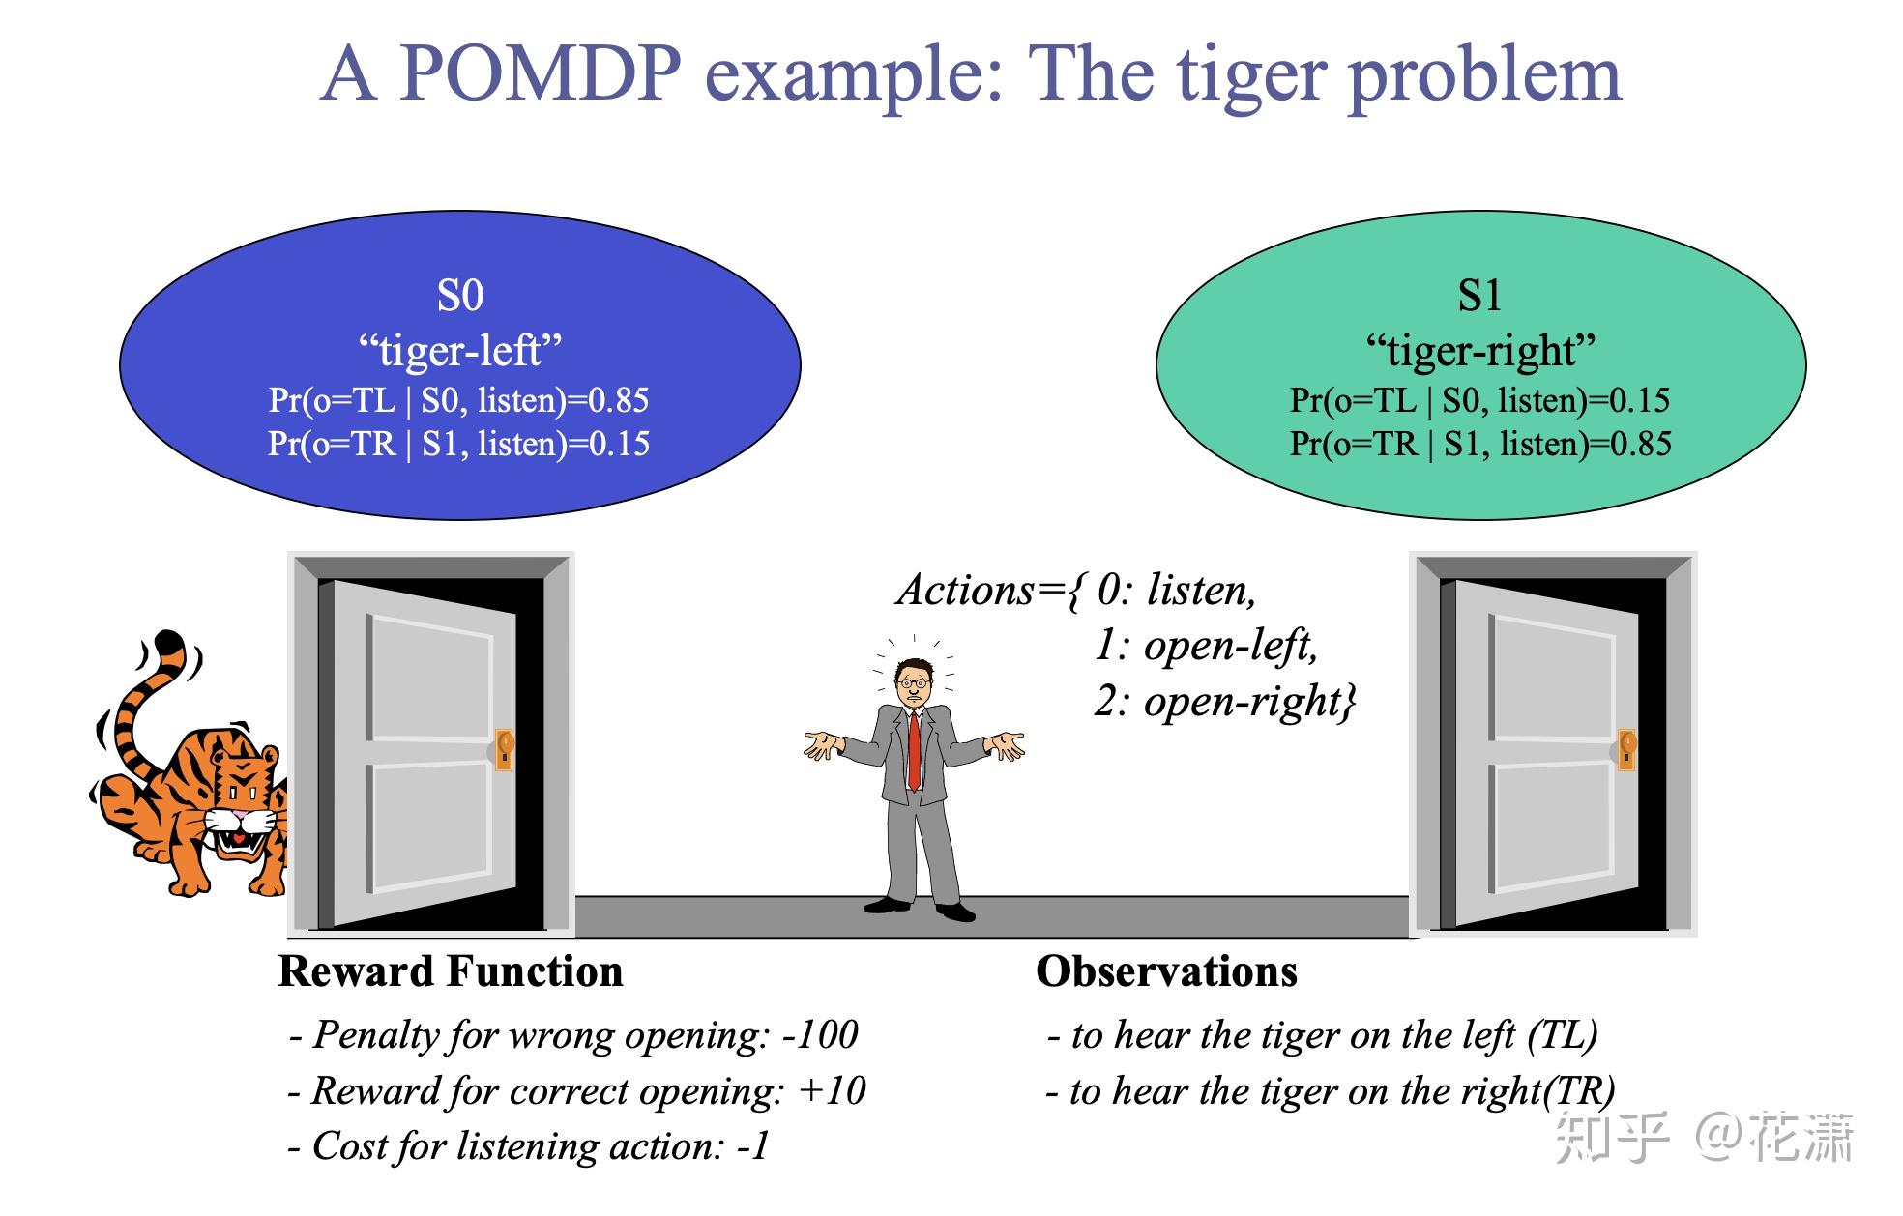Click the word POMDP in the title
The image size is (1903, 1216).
(540, 74)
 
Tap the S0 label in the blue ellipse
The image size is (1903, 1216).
(459, 296)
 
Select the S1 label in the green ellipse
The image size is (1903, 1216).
(1479, 296)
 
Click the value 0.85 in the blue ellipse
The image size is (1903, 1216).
(618, 400)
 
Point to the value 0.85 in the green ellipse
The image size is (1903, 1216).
(1640, 444)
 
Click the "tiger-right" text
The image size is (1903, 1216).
(1479, 350)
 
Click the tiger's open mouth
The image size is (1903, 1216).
(236, 841)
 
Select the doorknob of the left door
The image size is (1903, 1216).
(504, 748)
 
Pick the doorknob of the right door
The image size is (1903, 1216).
(1626, 748)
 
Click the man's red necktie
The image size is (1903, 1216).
(914, 749)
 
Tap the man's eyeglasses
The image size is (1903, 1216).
(913, 682)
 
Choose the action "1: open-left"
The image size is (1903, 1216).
(1206, 645)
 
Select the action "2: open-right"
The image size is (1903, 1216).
(1224, 701)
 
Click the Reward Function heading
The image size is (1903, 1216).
(451, 971)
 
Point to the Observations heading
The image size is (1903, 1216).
(1166, 971)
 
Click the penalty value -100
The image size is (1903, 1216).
(820, 1035)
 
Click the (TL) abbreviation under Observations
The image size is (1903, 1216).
(1562, 1035)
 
